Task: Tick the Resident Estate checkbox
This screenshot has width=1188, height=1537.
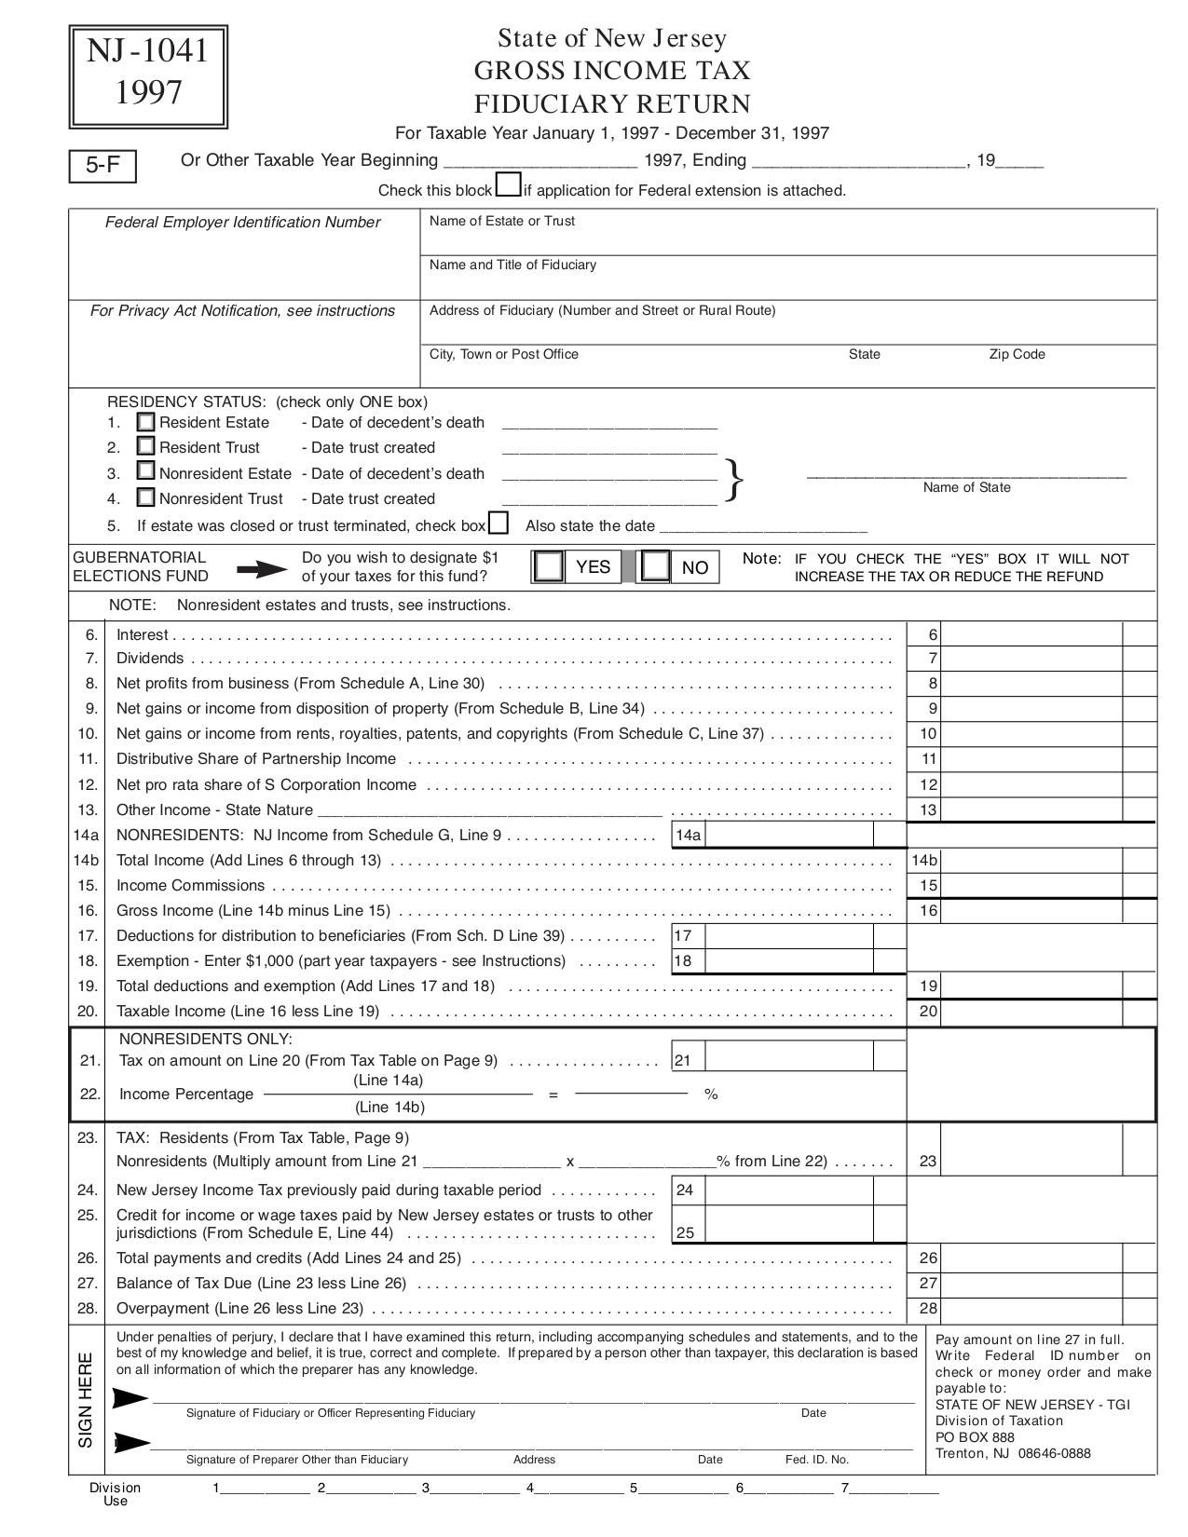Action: pyautogui.click(x=145, y=421)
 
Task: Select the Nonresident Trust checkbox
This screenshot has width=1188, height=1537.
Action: pyautogui.click(x=145, y=497)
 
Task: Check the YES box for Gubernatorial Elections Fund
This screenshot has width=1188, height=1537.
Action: pyautogui.click(x=550, y=566)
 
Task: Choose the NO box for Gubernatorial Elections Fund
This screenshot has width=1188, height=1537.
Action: pyautogui.click(x=657, y=566)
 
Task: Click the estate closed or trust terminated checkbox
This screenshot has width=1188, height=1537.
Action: pyautogui.click(x=498, y=524)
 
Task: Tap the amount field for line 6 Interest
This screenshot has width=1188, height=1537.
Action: pyautogui.click(x=1032, y=634)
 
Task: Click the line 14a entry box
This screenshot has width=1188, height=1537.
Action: pyautogui.click(x=789, y=834)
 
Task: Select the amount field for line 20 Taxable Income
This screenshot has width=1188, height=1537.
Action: pyautogui.click(x=1032, y=1011)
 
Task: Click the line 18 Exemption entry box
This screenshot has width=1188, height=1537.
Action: pyautogui.click(x=789, y=960)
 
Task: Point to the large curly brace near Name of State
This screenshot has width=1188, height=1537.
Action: pyautogui.click(x=734, y=481)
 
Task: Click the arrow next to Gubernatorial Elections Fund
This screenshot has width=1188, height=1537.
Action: pyautogui.click(x=262, y=569)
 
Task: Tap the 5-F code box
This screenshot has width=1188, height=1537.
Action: pyautogui.click(x=102, y=166)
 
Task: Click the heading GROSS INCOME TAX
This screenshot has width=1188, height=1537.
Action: pyautogui.click(x=612, y=71)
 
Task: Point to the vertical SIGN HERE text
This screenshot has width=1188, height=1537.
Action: pyautogui.click(x=86, y=1399)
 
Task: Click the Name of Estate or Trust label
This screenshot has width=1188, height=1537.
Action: pyautogui.click(x=501, y=221)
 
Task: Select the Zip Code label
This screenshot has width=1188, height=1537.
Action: pyautogui.click(x=1017, y=354)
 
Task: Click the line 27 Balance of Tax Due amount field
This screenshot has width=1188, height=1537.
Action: pyautogui.click(x=1032, y=1283)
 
